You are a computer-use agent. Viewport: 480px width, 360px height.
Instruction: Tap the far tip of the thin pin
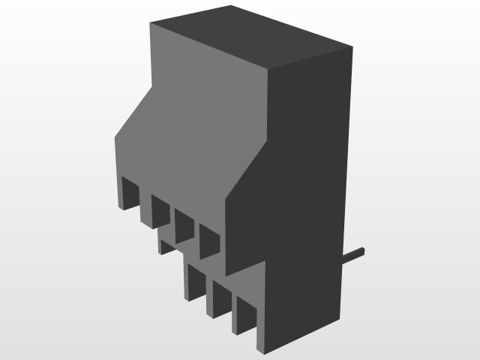point(364,249)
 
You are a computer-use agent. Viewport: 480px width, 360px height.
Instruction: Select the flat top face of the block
point(251,41)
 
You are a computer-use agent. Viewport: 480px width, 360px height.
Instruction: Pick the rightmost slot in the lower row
point(246,313)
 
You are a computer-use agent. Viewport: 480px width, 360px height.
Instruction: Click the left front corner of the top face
point(150,23)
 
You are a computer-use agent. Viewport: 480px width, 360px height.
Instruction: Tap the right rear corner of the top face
point(352,49)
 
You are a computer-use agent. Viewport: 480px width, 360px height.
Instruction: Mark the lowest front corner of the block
point(258,352)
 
